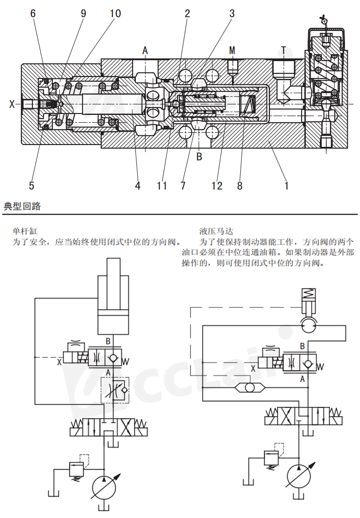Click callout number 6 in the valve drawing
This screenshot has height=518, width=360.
(33, 13)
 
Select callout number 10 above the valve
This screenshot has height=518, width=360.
(115, 13)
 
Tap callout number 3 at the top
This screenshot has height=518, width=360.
(231, 13)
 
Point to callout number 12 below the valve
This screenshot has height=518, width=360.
(217, 186)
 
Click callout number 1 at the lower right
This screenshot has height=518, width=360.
(286, 186)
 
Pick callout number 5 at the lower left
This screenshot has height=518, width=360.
(31, 186)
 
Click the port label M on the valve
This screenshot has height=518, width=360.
(232, 50)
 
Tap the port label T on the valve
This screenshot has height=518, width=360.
(283, 50)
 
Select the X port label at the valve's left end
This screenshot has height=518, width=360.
(12, 104)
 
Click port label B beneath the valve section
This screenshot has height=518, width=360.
(199, 157)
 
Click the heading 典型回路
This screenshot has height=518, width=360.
(22, 207)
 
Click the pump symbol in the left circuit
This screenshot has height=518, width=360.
(104, 489)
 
